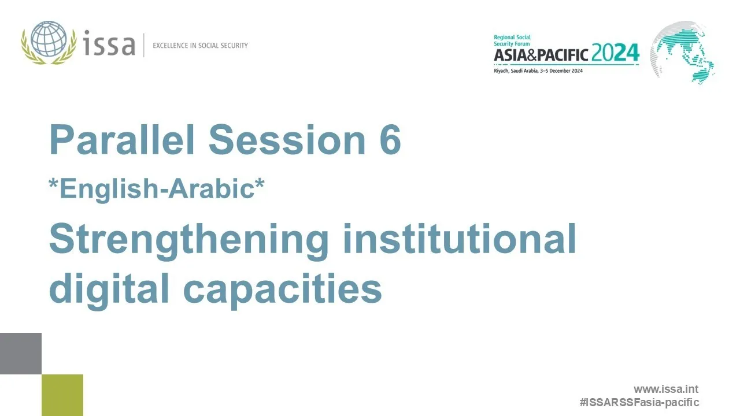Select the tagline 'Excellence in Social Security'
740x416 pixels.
200,45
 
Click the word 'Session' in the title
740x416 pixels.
287,140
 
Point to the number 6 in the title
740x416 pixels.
390,140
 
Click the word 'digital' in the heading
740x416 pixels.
110,289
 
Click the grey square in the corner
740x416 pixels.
21,354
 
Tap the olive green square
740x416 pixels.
62,395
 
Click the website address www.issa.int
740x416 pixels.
666,389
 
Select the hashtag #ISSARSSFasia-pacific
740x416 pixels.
639,402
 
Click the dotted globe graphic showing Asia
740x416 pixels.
683,52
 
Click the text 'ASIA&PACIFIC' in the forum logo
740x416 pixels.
541,55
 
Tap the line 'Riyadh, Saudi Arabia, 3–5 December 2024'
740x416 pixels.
538,70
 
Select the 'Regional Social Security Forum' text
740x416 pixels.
512,40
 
